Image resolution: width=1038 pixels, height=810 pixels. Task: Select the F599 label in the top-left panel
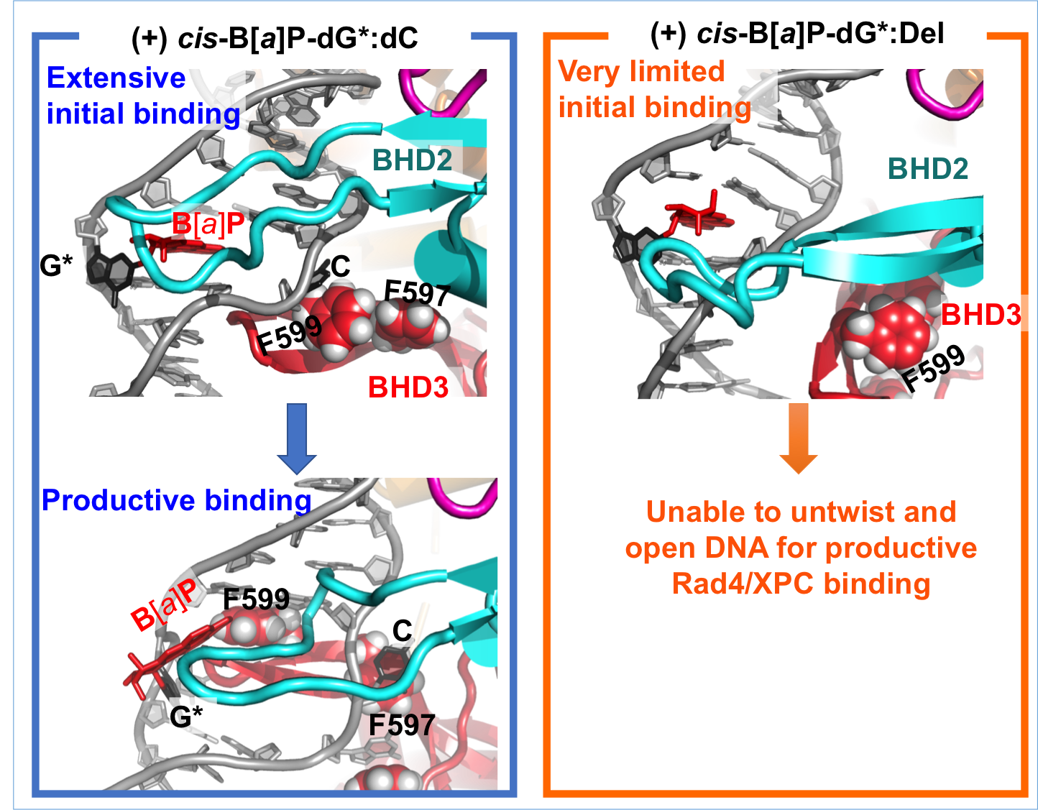pyautogui.click(x=290, y=335)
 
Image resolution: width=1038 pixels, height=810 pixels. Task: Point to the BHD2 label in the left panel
pyautogui.click(x=412, y=160)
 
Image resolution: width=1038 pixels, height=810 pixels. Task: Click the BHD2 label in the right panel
pyautogui.click(x=928, y=169)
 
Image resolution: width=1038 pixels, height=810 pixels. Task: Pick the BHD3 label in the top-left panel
pyautogui.click(x=408, y=387)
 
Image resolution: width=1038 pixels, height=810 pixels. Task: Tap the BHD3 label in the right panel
pyautogui.click(x=980, y=315)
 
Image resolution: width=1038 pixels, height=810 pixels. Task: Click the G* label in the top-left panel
pyautogui.click(x=56, y=266)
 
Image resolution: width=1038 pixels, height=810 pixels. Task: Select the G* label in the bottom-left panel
pyautogui.click(x=186, y=717)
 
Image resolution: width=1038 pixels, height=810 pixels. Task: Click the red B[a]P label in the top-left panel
pyautogui.click(x=208, y=225)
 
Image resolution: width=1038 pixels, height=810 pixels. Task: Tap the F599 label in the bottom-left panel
pyautogui.click(x=256, y=599)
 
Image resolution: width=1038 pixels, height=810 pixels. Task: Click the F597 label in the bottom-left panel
pyautogui.click(x=402, y=724)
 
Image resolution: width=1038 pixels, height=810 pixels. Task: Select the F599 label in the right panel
pyautogui.click(x=934, y=368)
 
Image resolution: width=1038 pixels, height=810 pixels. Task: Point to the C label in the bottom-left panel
pyautogui.click(x=402, y=631)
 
